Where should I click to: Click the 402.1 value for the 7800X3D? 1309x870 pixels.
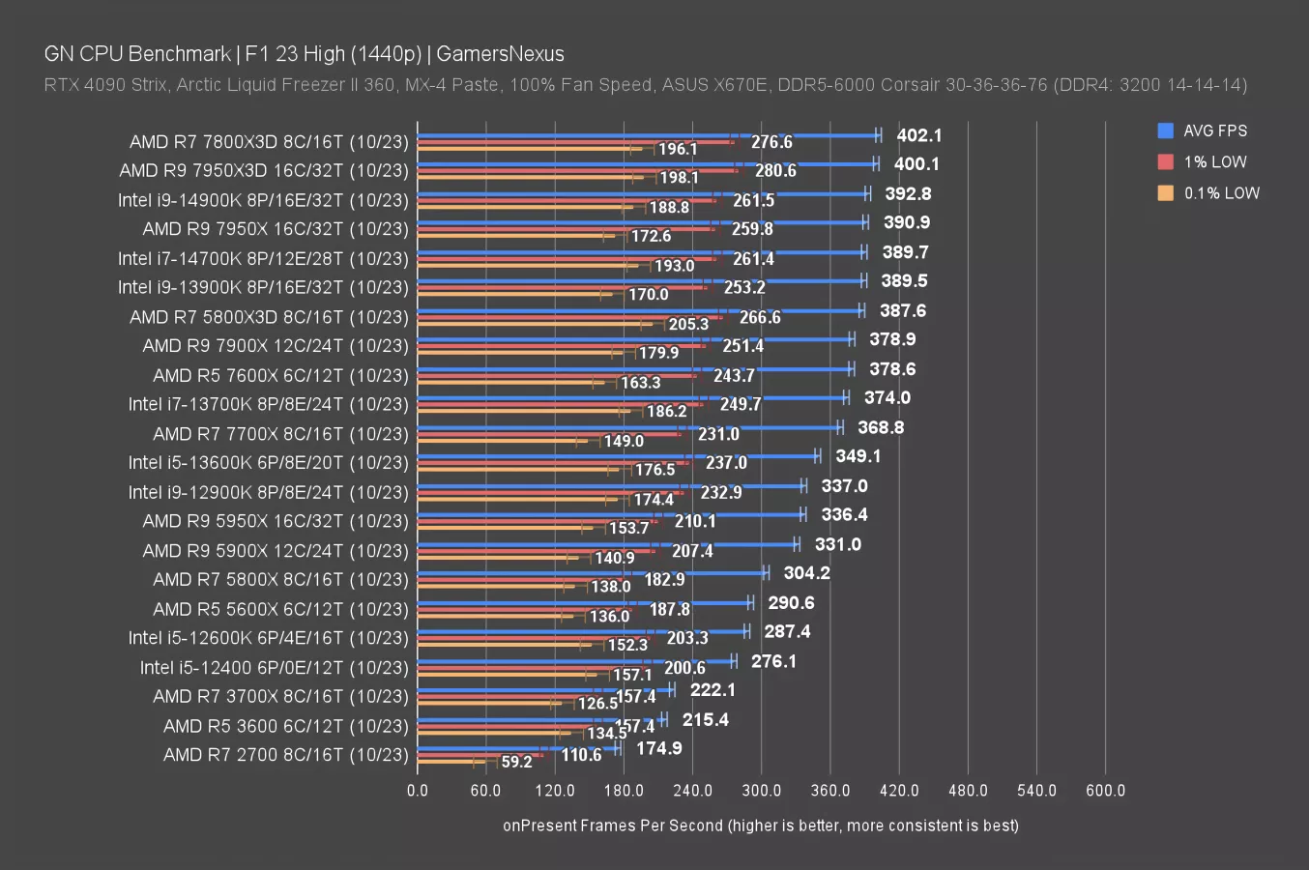point(918,135)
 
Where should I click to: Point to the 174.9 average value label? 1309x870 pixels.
point(658,748)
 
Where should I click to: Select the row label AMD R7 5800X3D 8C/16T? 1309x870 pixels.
point(269,317)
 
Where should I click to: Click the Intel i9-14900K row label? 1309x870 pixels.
point(263,200)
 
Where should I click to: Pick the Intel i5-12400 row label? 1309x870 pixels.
point(274,667)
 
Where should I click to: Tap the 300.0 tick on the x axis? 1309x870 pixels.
point(761,791)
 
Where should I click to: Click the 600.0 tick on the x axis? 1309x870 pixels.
point(1105,791)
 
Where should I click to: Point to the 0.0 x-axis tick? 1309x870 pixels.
point(418,791)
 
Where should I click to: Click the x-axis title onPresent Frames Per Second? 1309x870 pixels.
point(760,826)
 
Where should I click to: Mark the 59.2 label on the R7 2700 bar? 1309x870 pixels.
point(516,762)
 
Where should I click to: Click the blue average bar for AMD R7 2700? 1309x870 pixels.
point(517,747)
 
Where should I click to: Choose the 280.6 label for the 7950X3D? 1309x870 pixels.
point(775,171)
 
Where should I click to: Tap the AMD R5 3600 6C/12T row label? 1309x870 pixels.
point(285,726)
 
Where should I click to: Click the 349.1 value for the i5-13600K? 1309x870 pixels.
point(858,456)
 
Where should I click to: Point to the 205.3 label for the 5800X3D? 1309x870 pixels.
point(688,324)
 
